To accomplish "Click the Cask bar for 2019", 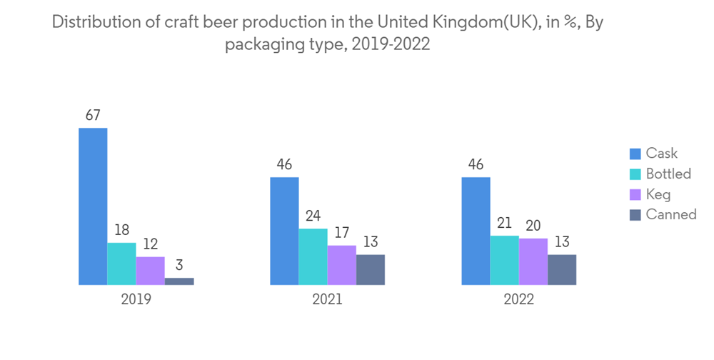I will click(x=93, y=206).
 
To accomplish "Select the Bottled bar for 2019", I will click(x=121, y=264).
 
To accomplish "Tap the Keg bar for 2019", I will click(x=150, y=271).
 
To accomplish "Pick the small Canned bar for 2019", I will click(x=178, y=281).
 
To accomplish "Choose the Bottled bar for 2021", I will click(x=313, y=256).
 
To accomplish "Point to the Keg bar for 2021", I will click(x=341, y=265).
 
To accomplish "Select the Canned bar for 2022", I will click(x=561, y=269).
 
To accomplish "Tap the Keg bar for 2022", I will click(x=533, y=261).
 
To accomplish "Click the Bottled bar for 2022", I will click(x=504, y=260).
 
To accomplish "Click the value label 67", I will click(x=93, y=115).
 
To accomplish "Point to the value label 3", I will click(x=178, y=265).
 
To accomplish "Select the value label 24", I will click(x=313, y=216).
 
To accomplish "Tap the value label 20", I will click(x=533, y=225).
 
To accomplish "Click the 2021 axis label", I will click(x=327, y=300).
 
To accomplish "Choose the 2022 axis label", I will click(x=518, y=300).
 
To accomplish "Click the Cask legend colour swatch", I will click(x=635, y=154).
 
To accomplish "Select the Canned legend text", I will click(x=670, y=214).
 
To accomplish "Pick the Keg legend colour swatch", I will click(x=635, y=194).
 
